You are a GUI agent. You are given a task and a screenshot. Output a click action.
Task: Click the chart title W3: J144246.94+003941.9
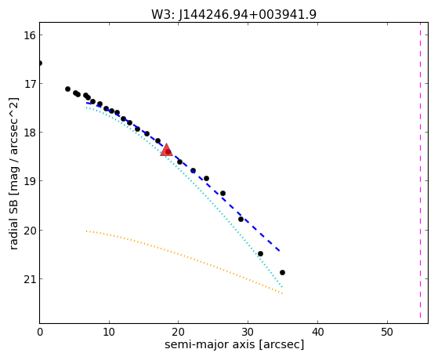[x=233, y=15]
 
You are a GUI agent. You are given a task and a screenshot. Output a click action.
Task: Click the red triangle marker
[x=166, y=150]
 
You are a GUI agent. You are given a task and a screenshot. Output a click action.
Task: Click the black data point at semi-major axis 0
[x=40, y=64]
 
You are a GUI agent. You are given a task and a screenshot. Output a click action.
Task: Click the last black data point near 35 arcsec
[x=282, y=272]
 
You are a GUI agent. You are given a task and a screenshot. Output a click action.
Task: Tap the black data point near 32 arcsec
[x=260, y=253]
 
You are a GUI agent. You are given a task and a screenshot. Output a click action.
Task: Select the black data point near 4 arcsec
[x=67, y=89]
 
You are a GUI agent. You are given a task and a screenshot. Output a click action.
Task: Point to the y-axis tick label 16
[x=29, y=35]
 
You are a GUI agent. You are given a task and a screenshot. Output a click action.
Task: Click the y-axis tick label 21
[x=29, y=279]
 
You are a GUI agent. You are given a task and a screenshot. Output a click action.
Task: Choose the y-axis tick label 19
[x=29, y=181]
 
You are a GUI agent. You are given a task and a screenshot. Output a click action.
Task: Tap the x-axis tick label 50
[x=387, y=332]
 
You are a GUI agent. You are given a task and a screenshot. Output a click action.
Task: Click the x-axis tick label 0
[x=40, y=332]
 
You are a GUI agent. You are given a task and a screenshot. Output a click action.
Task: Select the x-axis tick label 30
[x=248, y=332]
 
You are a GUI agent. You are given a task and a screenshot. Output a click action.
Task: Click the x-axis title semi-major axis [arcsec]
[x=234, y=344]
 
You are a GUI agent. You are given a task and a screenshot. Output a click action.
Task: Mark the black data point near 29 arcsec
[x=241, y=219]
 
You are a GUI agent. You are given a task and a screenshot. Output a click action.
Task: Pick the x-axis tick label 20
[x=179, y=332]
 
